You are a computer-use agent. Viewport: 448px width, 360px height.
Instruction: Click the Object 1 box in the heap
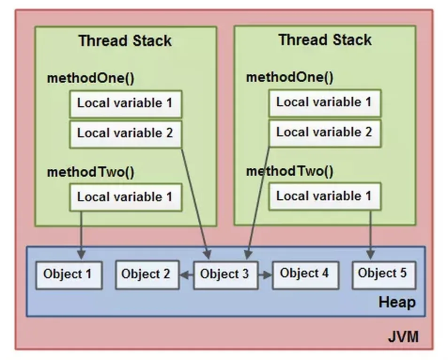click(x=69, y=275)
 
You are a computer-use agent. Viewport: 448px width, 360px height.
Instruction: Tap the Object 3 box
click(x=226, y=275)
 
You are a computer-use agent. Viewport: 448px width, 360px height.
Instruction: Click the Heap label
click(x=397, y=302)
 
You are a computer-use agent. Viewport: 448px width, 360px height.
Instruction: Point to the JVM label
click(x=403, y=337)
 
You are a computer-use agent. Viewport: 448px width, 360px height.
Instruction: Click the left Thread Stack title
click(x=125, y=40)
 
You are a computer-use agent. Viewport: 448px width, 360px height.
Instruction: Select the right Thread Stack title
click(x=325, y=40)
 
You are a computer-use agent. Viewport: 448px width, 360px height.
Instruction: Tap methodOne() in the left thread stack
click(x=91, y=78)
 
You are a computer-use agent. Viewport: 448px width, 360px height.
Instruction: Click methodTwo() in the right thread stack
click(x=290, y=171)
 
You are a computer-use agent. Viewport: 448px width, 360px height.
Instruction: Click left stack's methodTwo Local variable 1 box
click(x=126, y=197)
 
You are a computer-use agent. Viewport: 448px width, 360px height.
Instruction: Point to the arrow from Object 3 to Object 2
click(x=186, y=275)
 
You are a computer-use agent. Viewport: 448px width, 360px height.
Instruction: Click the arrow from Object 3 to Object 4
click(x=265, y=275)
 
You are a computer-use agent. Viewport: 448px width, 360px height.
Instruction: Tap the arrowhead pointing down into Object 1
click(x=81, y=254)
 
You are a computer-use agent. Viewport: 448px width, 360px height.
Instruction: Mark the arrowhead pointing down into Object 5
click(x=371, y=254)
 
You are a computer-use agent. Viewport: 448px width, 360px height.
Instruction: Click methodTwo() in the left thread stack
click(x=91, y=172)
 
